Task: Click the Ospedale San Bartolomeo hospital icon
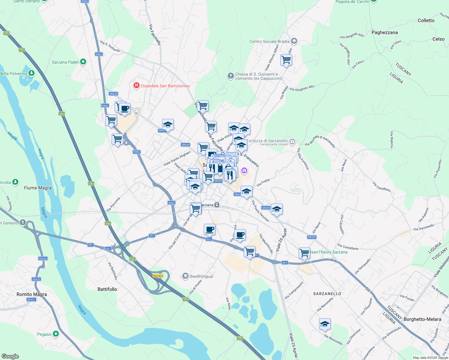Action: pyautogui.click(x=137, y=86)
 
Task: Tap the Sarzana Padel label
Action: pyautogui.click(x=65, y=62)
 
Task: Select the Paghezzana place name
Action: pyautogui.click(x=384, y=32)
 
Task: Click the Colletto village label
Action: pyautogui.click(x=426, y=20)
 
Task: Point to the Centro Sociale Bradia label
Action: pyautogui.click(x=269, y=41)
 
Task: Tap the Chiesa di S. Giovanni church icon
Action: pyautogui.click(x=231, y=76)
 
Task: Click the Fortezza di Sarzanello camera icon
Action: pyautogui.click(x=292, y=141)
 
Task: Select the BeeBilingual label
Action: pyautogui.click(x=201, y=276)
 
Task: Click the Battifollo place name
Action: pyautogui.click(x=107, y=289)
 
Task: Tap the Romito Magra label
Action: pyautogui.click(x=32, y=294)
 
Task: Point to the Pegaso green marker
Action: pyautogui.click(x=56, y=334)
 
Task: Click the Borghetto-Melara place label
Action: pyautogui.click(x=422, y=319)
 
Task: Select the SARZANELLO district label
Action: pyautogui.click(x=327, y=294)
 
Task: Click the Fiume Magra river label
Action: pyautogui.click(x=38, y=188)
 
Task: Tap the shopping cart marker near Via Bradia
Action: pyautogui.click(x=286, y=60)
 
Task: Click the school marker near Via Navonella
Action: pyautogui.click(x=325, y=324)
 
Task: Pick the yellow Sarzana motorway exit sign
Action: pyautogui.click(x=158, y=276)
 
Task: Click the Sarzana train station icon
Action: pyautogui.click(x=217, y=205)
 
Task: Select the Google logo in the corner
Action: pyautogui.click(x=10, y=356)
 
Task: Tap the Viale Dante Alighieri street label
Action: pyautogui.click(x=177, y=159)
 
